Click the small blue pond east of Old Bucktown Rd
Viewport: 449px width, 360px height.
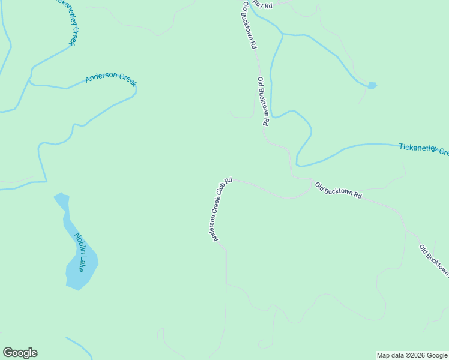[372, 86]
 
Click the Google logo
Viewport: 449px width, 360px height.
[20, 353]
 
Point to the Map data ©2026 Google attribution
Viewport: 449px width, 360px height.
[412, 355]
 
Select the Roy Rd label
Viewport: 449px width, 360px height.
[262, 5]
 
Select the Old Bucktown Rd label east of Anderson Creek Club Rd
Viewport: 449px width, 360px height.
[339, 191]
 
